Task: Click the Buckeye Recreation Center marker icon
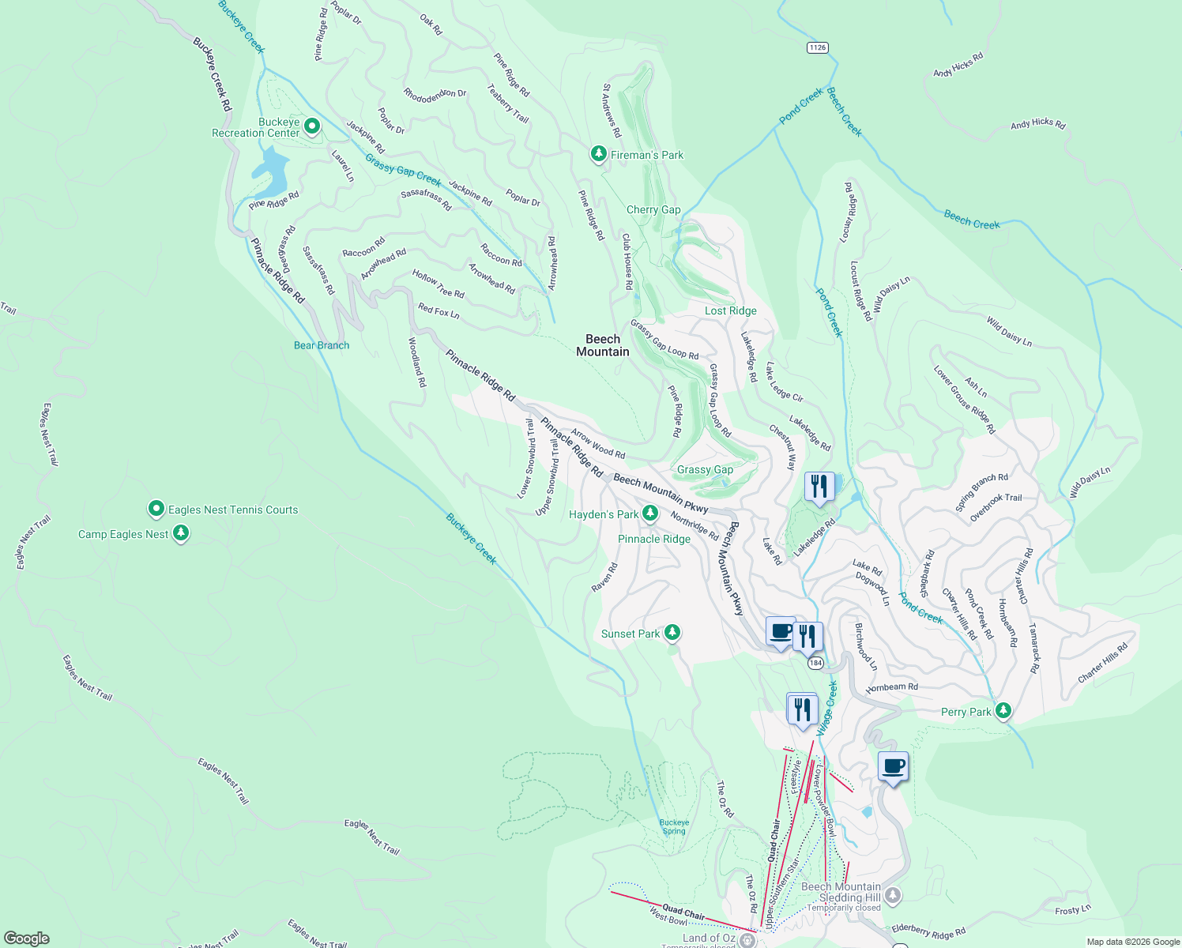click(312, 126)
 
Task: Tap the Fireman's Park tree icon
click(599, 153)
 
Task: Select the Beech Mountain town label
click(603, 345)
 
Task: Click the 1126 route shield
click(817, 48)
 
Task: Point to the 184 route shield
click(815, 664)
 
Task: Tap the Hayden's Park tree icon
click(649, 513)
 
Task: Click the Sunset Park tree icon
click(672, 632)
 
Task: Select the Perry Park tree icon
click(1003, 710)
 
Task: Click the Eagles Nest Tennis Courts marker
click(156, 509)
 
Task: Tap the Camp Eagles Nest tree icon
click(181, 533)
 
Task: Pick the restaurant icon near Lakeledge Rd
click(819, 486)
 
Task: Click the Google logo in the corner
click(26, 938)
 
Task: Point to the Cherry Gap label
click(653, 209)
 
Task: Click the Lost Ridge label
click(730, 310)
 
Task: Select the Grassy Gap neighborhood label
click(705, 469)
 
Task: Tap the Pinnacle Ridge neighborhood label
click(654, 539)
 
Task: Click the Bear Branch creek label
click(322, 345)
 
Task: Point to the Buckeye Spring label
click(674, 826)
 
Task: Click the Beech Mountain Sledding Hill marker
click(893, 895)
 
